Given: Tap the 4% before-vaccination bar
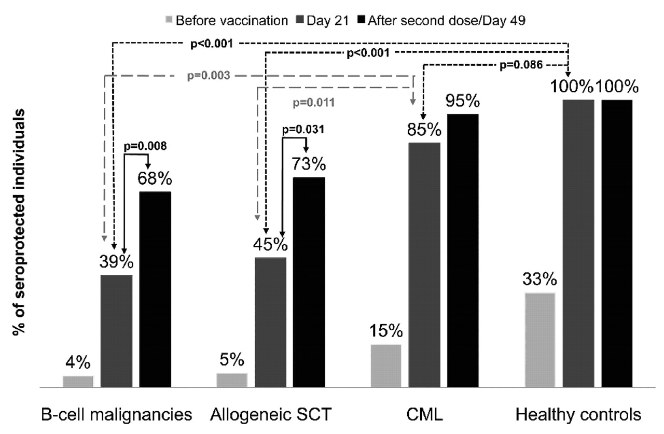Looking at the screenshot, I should tap(78, 382).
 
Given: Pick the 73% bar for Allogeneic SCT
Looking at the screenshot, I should tap(309, 282).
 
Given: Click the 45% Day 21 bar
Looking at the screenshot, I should tap(270, 322).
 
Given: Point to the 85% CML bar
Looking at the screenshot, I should tap(424, 265).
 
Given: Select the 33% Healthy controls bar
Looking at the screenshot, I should tap(540, 340).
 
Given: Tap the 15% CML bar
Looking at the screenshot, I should tap(386, 366).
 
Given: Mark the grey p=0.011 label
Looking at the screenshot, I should tap(313, 103).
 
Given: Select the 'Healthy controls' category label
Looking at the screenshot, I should tap(578, 415).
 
